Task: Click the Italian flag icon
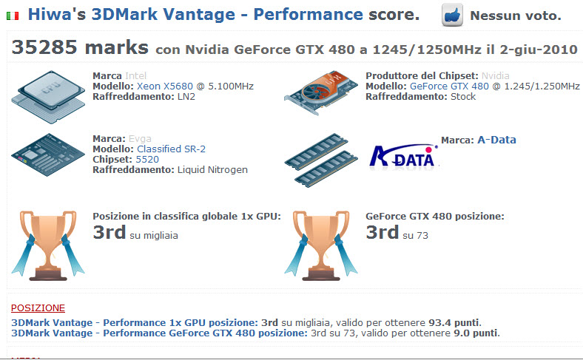tap(13, 16)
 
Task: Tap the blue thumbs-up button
tap(452, 15)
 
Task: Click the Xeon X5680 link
tap(165, 86)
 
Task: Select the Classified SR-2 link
tap(171, 149)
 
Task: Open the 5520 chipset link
tap(147, 160)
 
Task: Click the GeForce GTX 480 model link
tap(449, 86)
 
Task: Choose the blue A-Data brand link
tap(496, 140)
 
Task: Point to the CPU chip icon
tap(48, 97)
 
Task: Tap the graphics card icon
tap(320, 93)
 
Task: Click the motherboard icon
tap(48, 154)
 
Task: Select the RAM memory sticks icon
tap(321, 160)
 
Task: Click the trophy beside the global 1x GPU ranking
tap(48, 245)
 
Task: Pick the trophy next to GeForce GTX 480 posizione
tap(321, 245)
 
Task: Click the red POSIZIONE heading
tap(38, 308)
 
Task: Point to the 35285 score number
tap(44, 47)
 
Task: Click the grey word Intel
tap(135, 76)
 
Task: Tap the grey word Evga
tap(140, 138)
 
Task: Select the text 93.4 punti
tap(454, 322)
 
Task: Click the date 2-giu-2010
tap(539, 50)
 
